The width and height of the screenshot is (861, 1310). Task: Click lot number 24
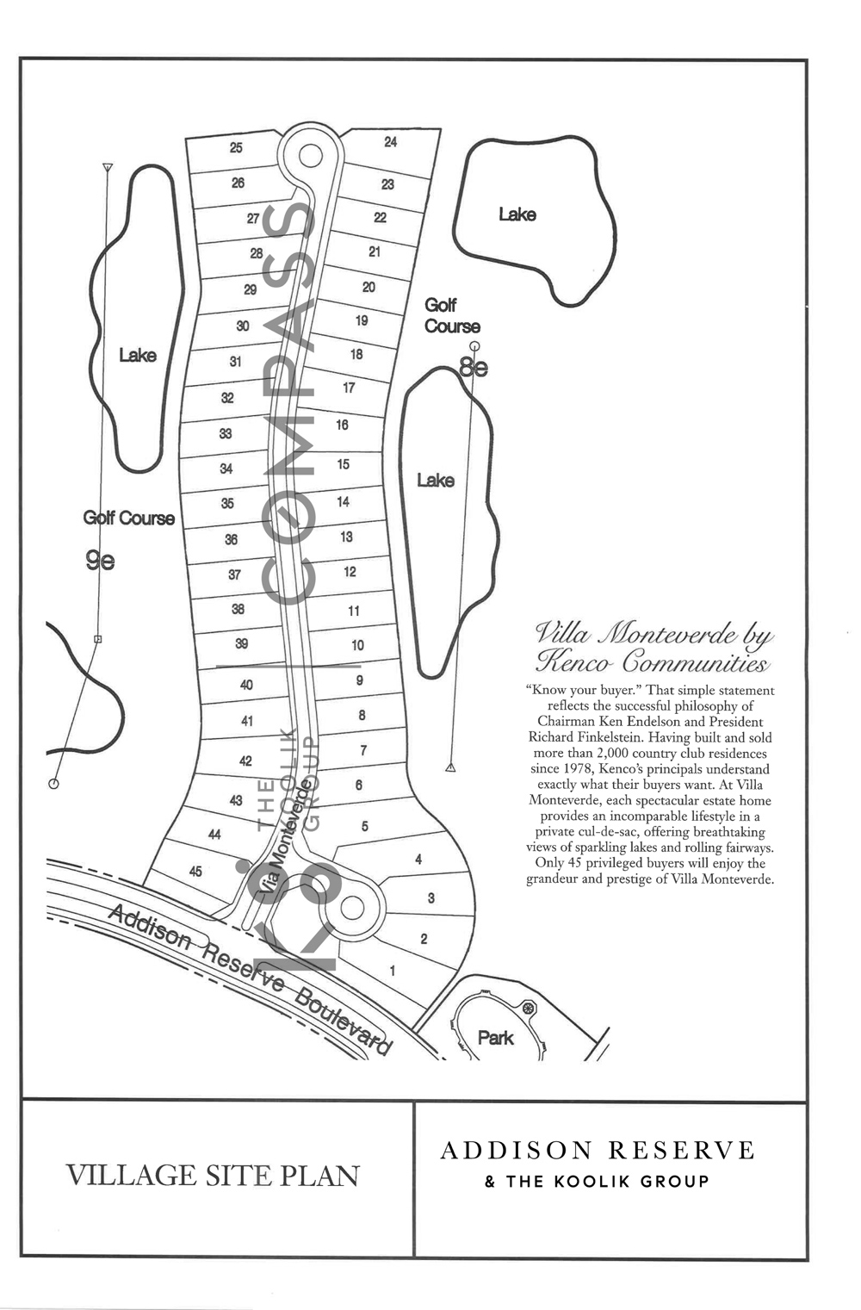click(x=390, y=141)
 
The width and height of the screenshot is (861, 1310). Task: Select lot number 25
click(x=236, y=147)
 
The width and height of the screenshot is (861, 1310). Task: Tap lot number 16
click(x=342, y=425)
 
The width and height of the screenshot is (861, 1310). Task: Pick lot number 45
click(x=195, y=872)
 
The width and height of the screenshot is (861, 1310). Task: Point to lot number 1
click(x=393, y=971)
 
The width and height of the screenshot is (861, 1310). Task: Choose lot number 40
click(x=246, y=685)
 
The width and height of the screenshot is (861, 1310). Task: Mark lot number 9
click(x=360, y=680)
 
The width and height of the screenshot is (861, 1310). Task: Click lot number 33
click(x=225, y=433)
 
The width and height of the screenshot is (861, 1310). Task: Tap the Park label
click(x=496, y=1038)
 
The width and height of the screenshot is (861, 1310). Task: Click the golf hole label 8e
click(x=474, y=368)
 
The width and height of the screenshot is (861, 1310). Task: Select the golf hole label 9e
click(x=100, y=561)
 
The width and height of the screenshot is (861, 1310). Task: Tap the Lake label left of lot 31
click(x=138, y=355)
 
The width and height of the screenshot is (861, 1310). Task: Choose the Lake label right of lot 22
click(x=517, y=214)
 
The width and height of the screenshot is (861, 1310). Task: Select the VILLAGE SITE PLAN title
click(x=213, y=1177)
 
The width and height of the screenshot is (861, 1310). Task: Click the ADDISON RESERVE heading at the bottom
click(x=598, y=1151)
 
